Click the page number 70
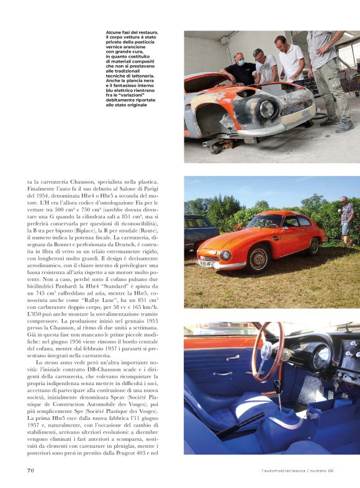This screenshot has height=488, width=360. click(30, 471)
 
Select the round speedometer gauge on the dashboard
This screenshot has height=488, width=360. click(322, 358)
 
